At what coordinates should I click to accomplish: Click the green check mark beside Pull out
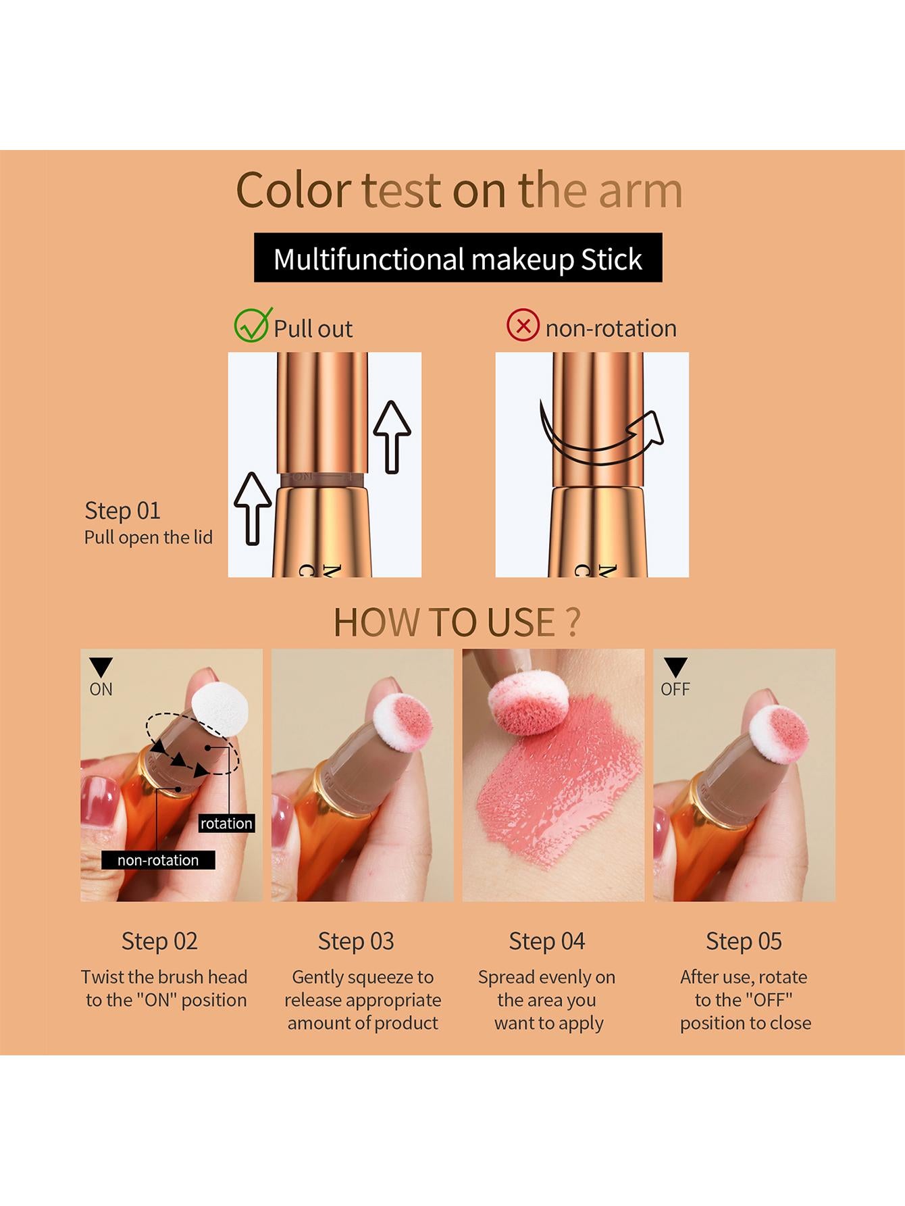pyautogui.click(x=251, y=325)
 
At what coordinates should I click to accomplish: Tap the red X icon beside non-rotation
pyautogui.click(x=523, y=326)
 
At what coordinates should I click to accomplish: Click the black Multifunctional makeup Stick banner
pyautogui.click(x=458, y=258)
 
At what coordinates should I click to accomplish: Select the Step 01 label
pyautogui.click(x=122, y=511)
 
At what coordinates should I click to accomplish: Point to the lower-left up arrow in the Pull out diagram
pyautogui.click(x=253, y=507)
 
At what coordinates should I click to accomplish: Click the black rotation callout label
pyautogui.click(x=226, y=823)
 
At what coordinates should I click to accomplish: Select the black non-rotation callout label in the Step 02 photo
pyautogui.click(x=158, y=860)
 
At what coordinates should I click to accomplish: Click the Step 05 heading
pyautogui.click(x=744, y=941)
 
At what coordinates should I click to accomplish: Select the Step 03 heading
pyautogui.click(x=356, y=941)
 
